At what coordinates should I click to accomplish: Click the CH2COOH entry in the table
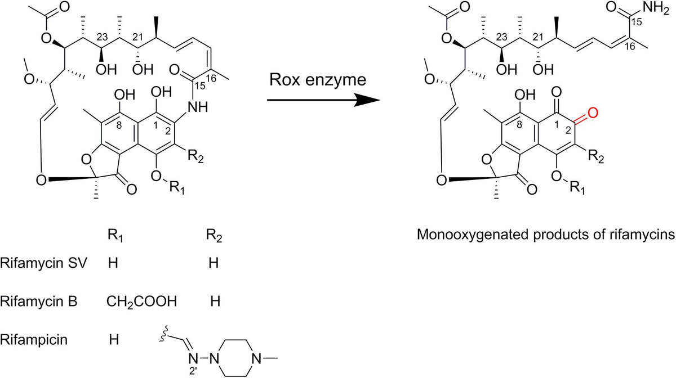coord(141,302)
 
